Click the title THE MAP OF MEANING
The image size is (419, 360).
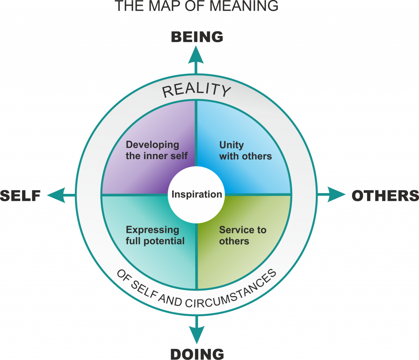[x=196, y=6]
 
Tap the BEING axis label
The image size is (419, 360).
[x=197, y=37]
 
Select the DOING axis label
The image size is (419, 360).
[x=197, y=354]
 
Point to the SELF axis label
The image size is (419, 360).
[x=20, y=196]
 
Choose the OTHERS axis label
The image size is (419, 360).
[x=385, y=196]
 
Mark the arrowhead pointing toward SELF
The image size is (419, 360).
[x=56, y=195]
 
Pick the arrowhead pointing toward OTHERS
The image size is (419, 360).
[x=336, y=194]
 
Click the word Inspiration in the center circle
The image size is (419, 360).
[x=197, y=194]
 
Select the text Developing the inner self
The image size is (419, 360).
[x=157, y=151]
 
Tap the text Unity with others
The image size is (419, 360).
[x=246, y=151]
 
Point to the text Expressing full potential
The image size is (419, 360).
[x=155, y=235]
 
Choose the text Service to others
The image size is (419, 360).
[x=243, y=235]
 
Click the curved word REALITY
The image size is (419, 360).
[x=196, y=90]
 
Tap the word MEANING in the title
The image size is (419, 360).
[x=244, y=6]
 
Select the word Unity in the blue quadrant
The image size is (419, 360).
[x=232, y=145]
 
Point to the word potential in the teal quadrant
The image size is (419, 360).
[x=164, y=241]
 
